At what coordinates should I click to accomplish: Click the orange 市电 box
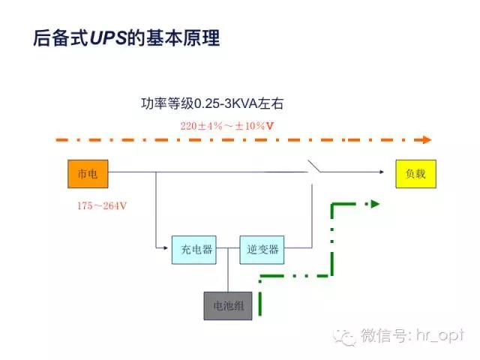click(x=87, y=172)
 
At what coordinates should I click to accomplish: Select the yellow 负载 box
click(x=415, y=172)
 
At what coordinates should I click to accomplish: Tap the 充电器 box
click(x=192, y=249)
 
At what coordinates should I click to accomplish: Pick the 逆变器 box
click(x=262, y=249)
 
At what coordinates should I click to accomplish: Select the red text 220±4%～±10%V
click(x=226, y=125)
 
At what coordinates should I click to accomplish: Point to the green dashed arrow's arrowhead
click(x=375, y=203)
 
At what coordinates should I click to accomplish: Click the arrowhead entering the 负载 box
click(x=391, y=172)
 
